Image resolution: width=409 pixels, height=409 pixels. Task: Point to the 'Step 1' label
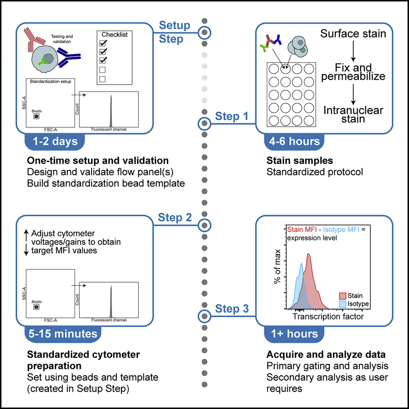(x=232, y=117)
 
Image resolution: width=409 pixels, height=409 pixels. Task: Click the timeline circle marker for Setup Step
(x=204, y=32)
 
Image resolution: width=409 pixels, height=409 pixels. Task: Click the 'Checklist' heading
(x=115, y=35)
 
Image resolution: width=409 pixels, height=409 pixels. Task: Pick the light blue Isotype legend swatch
(x=342, y=304)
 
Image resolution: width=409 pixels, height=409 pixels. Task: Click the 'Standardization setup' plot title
(x=50, y=81)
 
